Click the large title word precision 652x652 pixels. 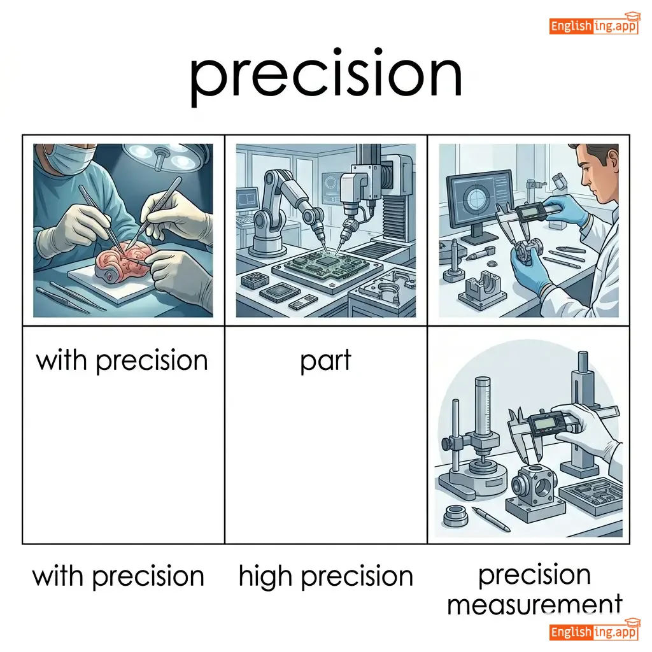[x=325, y=77]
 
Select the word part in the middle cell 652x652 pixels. [x=325, y=361]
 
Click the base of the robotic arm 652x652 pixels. [x=268, y=245]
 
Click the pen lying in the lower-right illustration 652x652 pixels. [x=491, y=520]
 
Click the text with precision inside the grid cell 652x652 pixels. [x=122, y=360]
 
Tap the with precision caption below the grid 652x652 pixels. [x=118, y=576]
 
